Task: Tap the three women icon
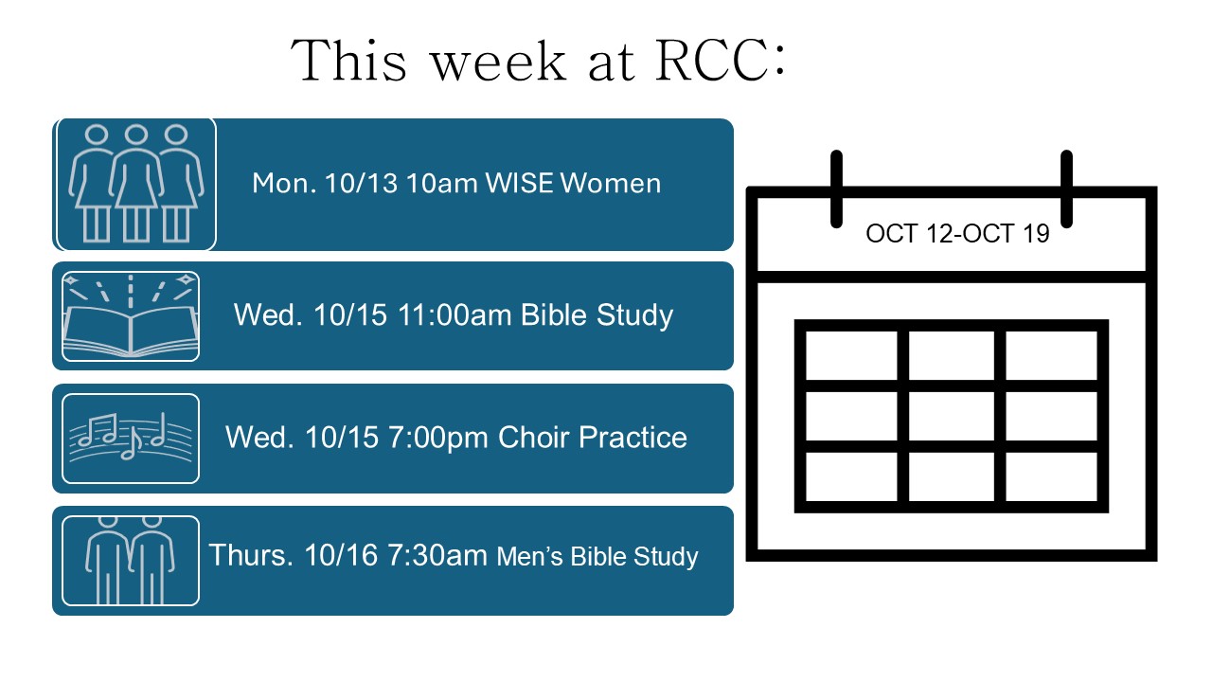[136, 184]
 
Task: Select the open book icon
[131, 316]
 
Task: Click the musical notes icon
[131, 439]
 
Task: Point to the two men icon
[131, 561]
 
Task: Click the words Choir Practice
[593, 438]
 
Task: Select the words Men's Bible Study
[597, 556]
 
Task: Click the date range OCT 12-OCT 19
[957, 234]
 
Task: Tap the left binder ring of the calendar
[836, 189]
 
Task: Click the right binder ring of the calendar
[1066, 189]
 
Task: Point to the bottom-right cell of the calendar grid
[1051, 476]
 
